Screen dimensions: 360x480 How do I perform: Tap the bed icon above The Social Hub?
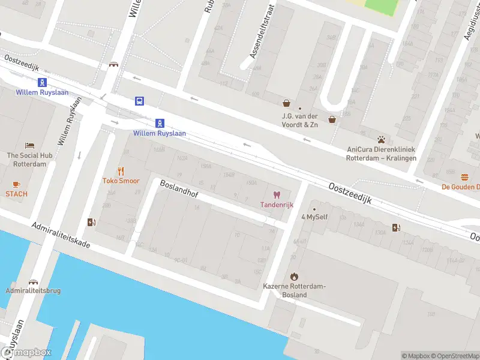click(29, 145)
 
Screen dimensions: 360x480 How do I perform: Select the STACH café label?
click(16, 194)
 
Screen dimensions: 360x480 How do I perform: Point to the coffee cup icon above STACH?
click(16, 184)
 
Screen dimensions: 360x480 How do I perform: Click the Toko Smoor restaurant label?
click(121, 181)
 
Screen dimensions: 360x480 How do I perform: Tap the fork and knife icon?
click(121, 170)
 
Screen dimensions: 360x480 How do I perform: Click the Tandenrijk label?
click(277, 205)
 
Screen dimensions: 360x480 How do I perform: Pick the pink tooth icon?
click(277, 194)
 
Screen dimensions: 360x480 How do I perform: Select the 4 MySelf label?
click(314, 217)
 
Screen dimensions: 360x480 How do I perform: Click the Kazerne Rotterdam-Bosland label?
click(294, 290)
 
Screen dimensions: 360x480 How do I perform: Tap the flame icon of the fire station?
click(294, 276)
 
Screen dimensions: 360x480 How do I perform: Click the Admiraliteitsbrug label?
click(33, 291)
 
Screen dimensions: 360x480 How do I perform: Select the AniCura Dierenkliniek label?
click(381, 154)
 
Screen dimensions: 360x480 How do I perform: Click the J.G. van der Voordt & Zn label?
click(300, 121)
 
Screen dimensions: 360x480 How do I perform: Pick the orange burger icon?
click(465, 177)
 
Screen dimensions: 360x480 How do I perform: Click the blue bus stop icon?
click(139, 101)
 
